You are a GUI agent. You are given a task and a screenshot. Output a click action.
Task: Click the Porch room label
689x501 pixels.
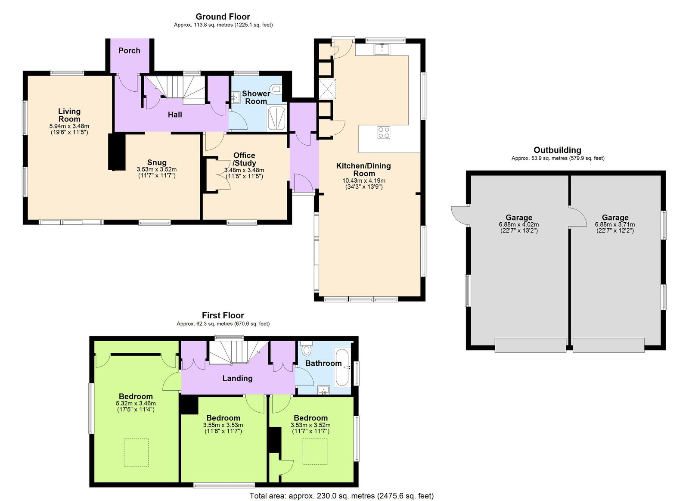point(129,50)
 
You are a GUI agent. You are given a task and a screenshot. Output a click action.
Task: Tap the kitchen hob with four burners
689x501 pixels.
point(384,132)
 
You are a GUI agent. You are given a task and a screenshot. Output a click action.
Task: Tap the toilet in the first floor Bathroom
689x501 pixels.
point(307,349)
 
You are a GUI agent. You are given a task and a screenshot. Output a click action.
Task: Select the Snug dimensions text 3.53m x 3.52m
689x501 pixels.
point(157,169)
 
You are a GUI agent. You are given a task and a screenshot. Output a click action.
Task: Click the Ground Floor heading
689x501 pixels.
point(223,17)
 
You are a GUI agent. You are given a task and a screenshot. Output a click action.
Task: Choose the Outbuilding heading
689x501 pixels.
point(557,150)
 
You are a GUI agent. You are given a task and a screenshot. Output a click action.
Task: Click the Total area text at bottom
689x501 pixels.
point(341,496)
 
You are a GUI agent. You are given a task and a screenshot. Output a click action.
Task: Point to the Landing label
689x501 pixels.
point(237,378)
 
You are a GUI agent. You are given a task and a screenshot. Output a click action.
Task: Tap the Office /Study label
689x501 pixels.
point(244,159)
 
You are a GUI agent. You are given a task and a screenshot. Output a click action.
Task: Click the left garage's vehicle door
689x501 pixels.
point(530,345)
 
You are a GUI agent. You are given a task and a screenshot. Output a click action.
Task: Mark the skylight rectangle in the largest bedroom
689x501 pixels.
point(137,452)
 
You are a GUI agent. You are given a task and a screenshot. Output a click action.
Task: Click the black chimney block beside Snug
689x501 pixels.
point(116,152)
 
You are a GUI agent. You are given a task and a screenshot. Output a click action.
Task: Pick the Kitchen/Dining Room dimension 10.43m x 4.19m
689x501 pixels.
point(364,180)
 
